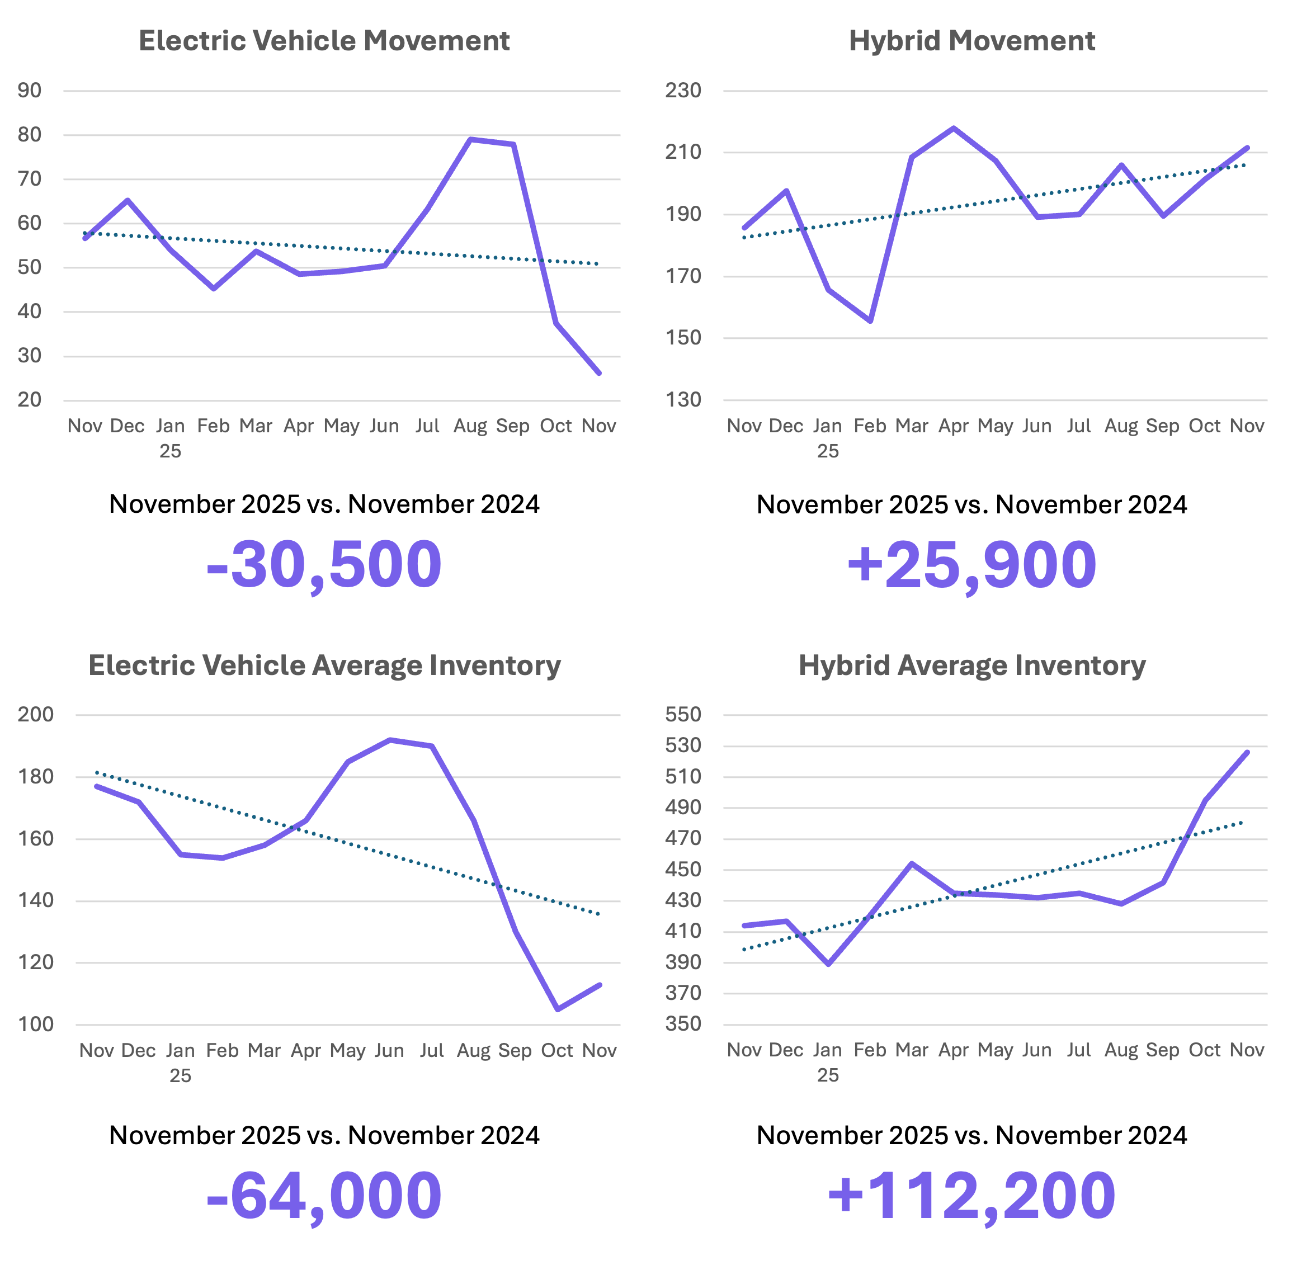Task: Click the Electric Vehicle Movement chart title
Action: (324, 41)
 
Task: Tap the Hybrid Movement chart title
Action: (971, 41)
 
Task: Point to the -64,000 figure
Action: (324, 1196)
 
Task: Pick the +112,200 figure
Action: (971, 1196)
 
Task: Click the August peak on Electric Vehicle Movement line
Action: (470, 139)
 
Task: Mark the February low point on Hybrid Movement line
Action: (870, 322)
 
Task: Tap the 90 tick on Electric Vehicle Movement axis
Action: (30, 91)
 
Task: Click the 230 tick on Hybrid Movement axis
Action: (683, 91)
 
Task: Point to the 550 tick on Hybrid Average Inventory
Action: (683, 715)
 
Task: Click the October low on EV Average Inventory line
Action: (557, 1009)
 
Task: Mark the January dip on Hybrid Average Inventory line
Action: (828, 965)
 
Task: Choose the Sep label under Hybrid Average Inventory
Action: (1162, 1050)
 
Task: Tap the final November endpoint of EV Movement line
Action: (599, 373)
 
